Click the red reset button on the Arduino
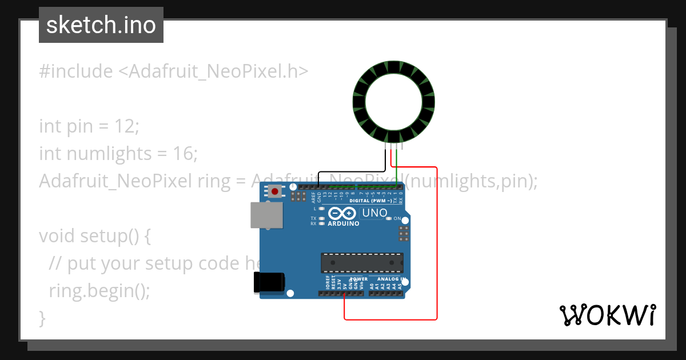click(x=276, y=191)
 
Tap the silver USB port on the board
click(x=266, y=216)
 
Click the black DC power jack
click(x=269, y=282)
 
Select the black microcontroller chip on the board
click(x=361, y=262)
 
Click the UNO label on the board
click(x=374, y=213)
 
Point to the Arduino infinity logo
click(x=342, y=214)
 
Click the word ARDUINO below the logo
click(x=344, y=223)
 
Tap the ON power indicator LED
click(x=389, y=218)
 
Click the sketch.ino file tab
click(x=101, y=25)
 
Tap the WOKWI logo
click(x=607, y=315)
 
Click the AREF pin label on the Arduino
click(x=314, y=197)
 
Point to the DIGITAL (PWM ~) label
click(x=370, y=201)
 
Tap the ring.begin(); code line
click(x=99, y=290)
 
